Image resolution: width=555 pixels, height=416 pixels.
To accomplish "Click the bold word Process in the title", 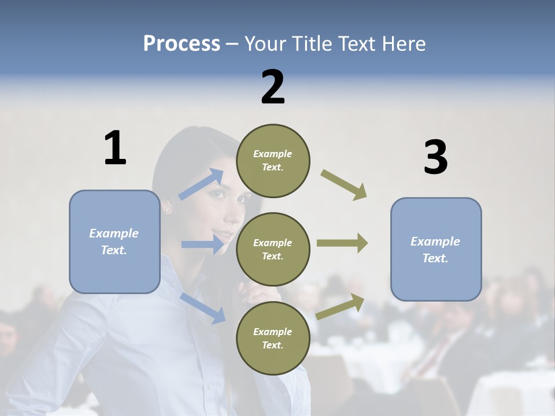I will [x=182, y=44].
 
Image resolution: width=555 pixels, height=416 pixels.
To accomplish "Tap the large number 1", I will [x=115, y=148].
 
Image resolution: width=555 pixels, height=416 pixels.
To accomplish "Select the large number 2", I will [x=273, y=87].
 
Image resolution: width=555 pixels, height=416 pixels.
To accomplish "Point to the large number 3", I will [x=435, y=157].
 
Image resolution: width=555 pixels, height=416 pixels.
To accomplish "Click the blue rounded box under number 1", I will [x=114, y=242].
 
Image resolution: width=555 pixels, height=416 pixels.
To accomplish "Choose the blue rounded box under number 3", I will [x=436, y=249].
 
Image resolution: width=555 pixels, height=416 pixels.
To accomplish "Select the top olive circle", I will [x=273, y=161].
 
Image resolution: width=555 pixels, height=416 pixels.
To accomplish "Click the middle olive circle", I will [x=273, y=249].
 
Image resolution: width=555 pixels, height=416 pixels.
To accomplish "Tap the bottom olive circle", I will [x=273, y=338].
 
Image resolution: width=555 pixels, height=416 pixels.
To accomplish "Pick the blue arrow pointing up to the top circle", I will [x=201, y=184].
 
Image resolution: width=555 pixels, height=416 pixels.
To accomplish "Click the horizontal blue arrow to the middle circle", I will [x=202, y=244].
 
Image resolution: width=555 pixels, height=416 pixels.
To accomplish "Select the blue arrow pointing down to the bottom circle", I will [x=202, y=307].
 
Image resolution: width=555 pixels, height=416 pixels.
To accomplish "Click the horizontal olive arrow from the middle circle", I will [x=342, y=243].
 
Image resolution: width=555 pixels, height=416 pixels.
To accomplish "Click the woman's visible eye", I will [x=219, y=194].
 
